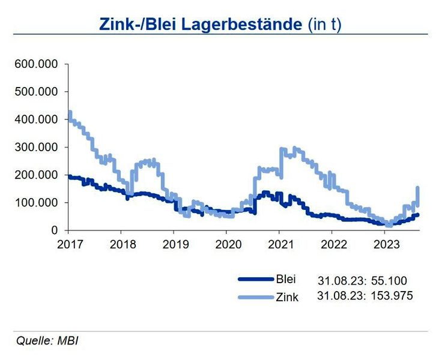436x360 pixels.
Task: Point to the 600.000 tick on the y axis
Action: tap(35, 64)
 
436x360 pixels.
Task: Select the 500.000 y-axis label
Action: tap(35, 92)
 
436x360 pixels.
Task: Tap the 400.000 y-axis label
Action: tap(35, 119)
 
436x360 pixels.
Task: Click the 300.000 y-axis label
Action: tap(35, 147)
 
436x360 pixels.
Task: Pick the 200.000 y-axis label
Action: tap(35, 175)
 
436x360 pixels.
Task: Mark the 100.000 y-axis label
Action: tap(35, 203)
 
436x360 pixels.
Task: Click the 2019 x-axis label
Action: tap(174, 244)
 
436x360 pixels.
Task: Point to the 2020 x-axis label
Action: tap(227, 244)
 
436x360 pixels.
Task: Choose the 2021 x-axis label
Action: tap(280, 244)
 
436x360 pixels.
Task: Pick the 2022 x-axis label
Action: tap(333, 244)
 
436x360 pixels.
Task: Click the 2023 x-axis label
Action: tap(386, 244)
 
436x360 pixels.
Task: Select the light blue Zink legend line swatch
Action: tap(255, 296)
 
